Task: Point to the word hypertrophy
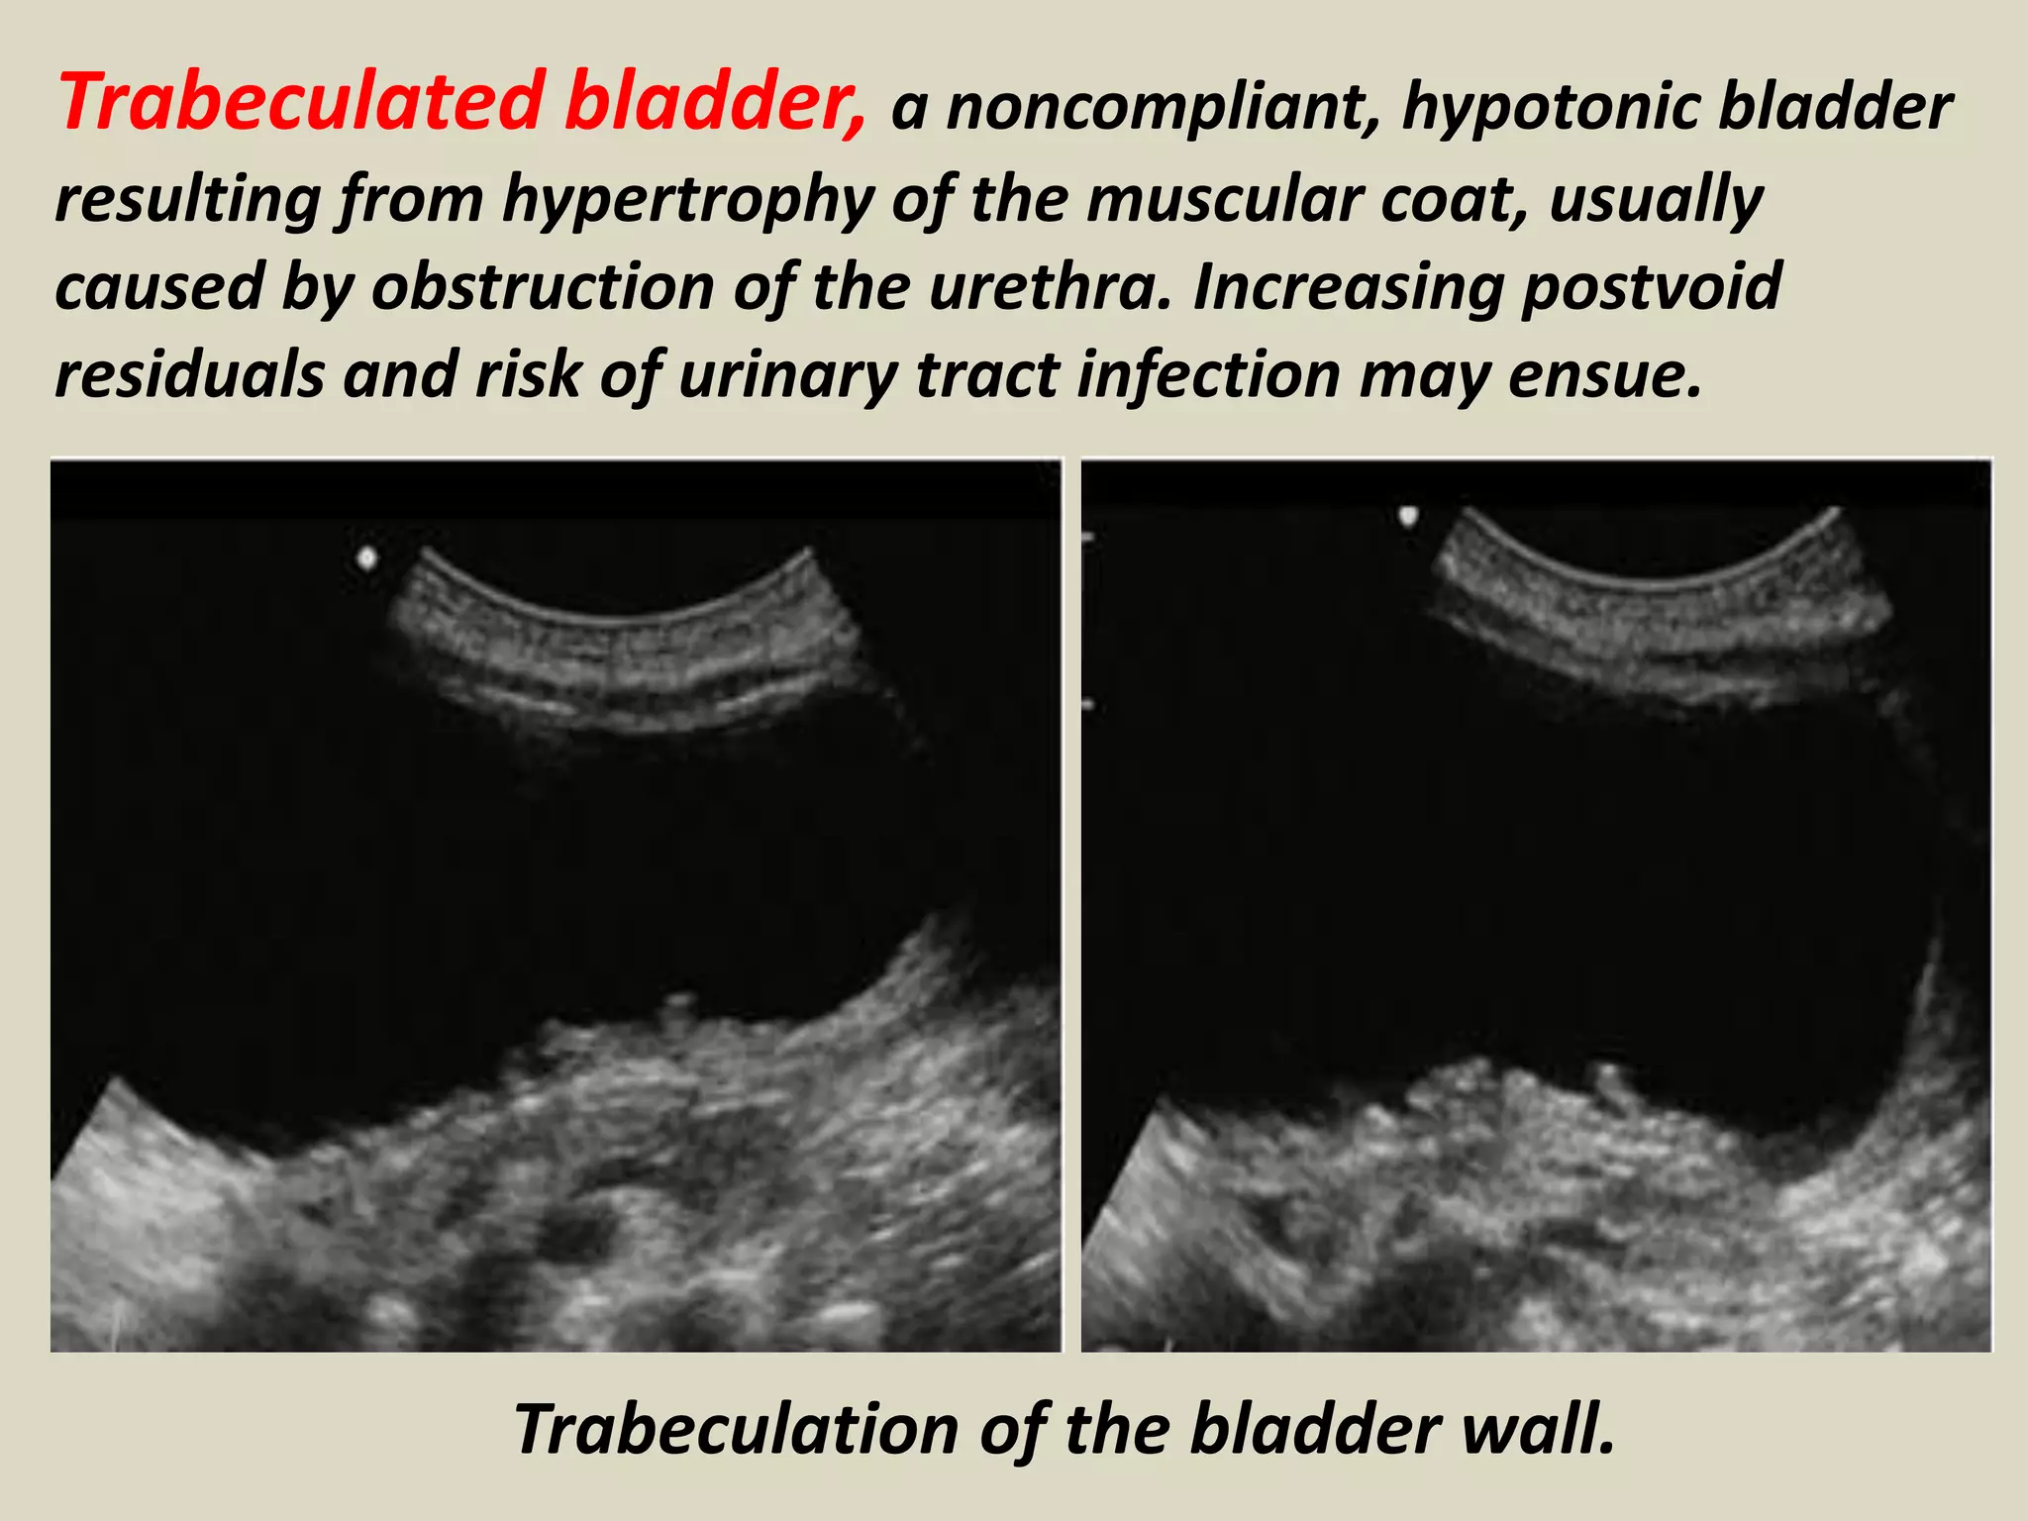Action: pyautogui.click(x=688, y=198)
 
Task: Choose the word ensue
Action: pyautogui.click(x=1603, y=375)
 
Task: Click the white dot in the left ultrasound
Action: pyautogui.click(x=367, y=559)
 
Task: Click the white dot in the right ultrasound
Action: pyautogui.click(x=1408, y=515)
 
